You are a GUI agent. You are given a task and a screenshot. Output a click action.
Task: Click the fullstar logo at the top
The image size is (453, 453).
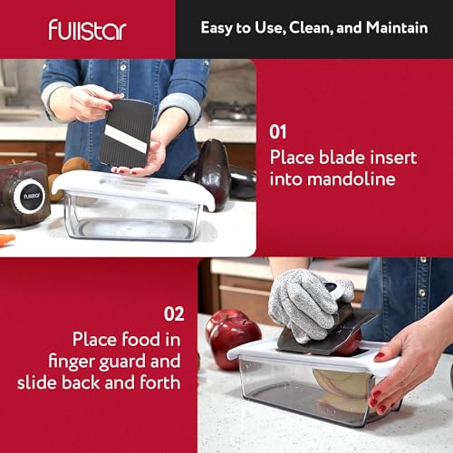(87, 29)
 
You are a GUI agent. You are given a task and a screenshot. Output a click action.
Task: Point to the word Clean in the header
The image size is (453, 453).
(299, 27)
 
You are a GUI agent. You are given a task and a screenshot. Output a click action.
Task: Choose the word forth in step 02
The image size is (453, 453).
(160, 382)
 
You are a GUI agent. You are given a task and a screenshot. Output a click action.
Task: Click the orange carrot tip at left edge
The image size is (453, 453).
(5, 240)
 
